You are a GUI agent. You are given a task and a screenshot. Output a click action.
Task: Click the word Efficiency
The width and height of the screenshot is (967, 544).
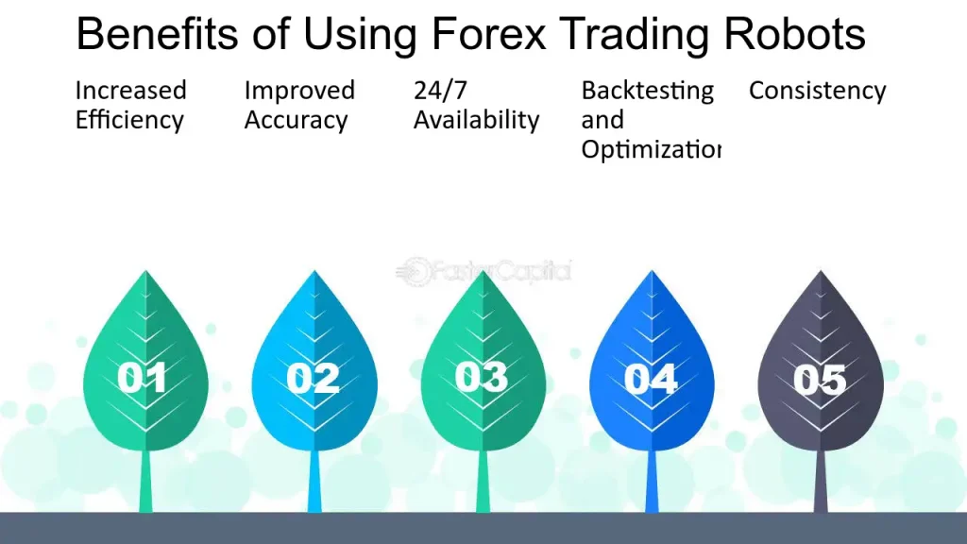pyautogui.click(x=128, y=121)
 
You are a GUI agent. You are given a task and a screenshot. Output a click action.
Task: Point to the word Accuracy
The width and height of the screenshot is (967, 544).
pyautogui.click(x=296, y=121)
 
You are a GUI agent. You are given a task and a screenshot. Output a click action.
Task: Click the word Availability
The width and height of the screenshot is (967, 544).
pyautogui.click(x=476, y=121)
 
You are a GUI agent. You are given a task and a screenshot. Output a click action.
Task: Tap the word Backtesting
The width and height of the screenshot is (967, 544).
pyautogui.click(x=647, y=91)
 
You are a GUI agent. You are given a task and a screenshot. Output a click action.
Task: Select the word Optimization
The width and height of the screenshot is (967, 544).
pyautogui.click(x=650, y=150)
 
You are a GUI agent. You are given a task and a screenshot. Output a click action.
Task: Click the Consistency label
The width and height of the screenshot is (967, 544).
pyautogui.click(x=817, y=91)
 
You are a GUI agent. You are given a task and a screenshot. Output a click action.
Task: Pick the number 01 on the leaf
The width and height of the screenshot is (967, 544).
pyautogui.click(x=144, y=378)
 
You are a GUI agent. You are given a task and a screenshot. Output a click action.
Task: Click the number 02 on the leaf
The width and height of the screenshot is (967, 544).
pyautogui.click(x=313, y=378)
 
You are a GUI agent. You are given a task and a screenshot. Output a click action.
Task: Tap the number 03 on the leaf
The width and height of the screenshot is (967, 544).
pyautogui.click(x=481, y=377)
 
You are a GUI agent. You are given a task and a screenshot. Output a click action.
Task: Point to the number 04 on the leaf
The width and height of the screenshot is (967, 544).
pyautogui.click(x=651, y=379)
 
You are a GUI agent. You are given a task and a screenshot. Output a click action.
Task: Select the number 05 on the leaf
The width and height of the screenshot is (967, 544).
pyautogui.click(x=820, y=379)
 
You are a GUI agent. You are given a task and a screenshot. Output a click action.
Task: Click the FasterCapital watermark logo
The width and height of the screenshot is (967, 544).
pyautogui.click(x=483, y=271)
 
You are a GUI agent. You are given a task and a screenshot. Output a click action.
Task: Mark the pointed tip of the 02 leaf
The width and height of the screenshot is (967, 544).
pyautogui.click(x=314, y=273)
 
